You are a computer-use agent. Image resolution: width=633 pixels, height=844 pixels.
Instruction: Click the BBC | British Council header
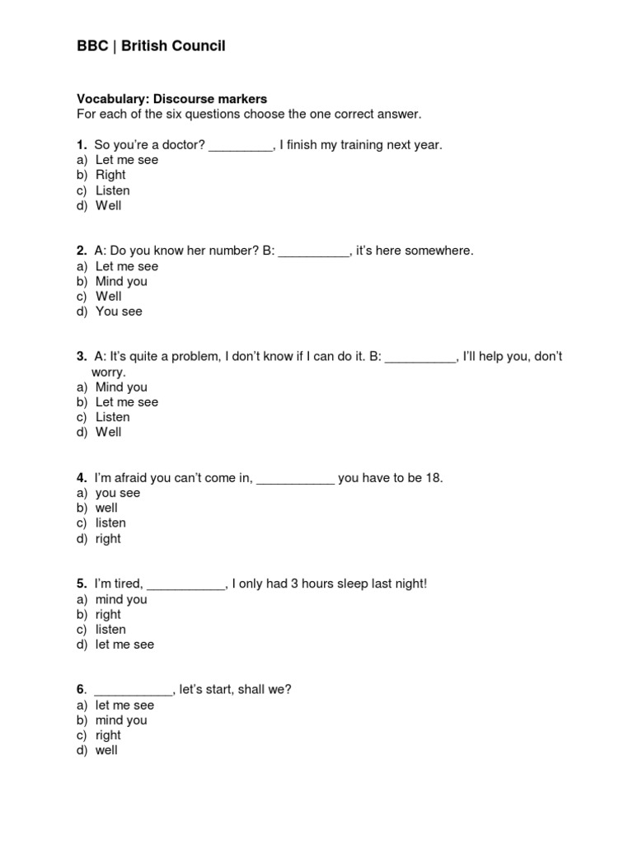[151, 46]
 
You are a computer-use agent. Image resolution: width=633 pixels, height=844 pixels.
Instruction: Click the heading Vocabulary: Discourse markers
[171, 99]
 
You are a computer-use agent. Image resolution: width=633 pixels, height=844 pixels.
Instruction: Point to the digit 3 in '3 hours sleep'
[291, 584]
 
